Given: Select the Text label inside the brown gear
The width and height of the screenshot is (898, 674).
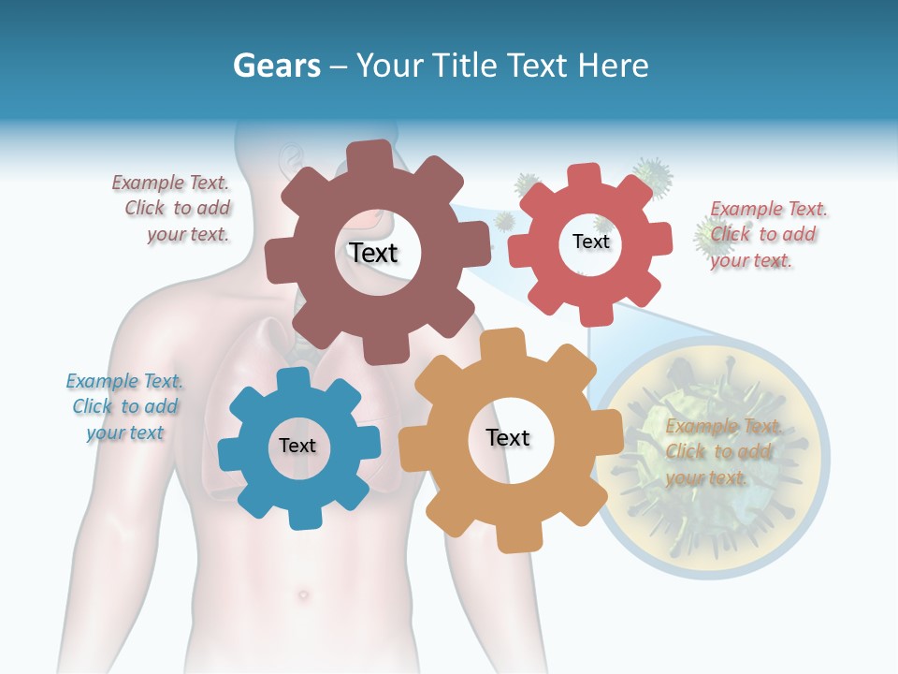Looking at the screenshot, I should point(373,253).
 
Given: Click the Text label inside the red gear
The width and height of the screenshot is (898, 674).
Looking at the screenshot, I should point(590,242).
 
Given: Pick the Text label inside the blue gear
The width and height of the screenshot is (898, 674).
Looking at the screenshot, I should point(297,446).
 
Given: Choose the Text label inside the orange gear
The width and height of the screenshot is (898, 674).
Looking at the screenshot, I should point(508,437).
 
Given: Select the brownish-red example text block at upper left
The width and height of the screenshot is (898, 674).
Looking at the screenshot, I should point(173,209).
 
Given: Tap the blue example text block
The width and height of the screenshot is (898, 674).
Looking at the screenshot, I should point(124,406).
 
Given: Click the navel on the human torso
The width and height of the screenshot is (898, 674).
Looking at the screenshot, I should point(301,593).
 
